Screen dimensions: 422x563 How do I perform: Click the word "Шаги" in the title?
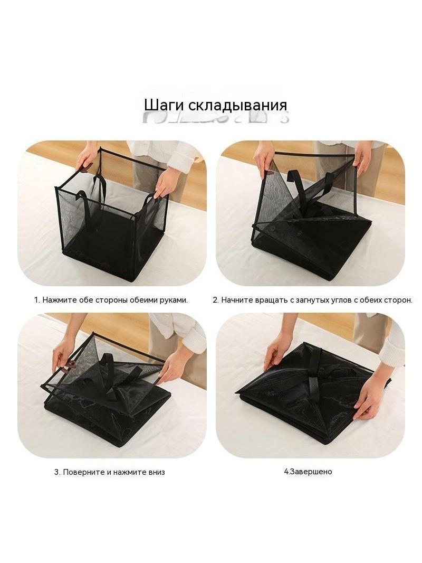[164, 106]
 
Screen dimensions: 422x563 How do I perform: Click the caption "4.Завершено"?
[308, 472]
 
